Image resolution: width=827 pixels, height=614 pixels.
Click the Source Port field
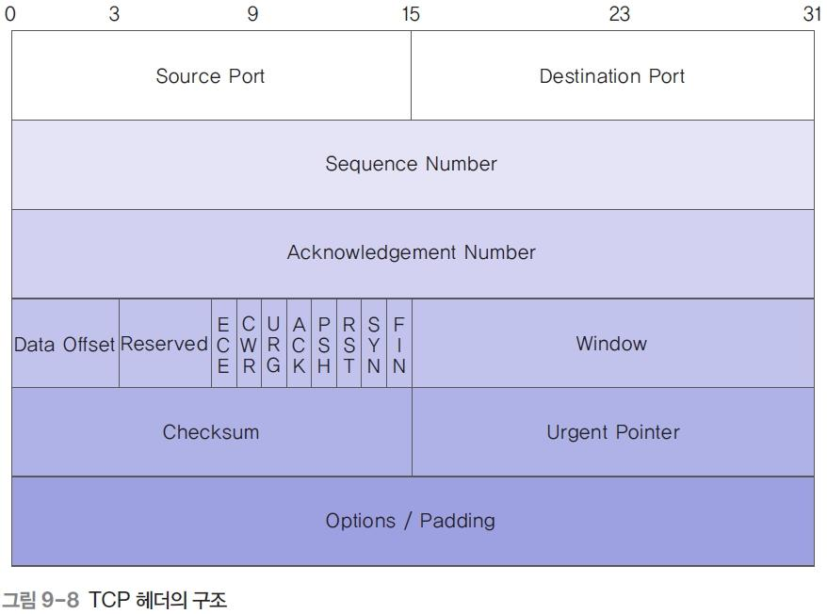click(210, 76)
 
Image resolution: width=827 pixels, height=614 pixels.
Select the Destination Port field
click(612, 76)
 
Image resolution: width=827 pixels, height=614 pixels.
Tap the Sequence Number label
click(412, 164)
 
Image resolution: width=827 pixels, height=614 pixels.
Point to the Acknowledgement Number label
click(412, 252)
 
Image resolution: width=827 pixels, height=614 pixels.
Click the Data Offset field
click(64, 345)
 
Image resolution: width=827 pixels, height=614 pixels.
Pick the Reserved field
click(164, 345)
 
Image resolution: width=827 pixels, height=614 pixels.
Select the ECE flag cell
click(223, 345)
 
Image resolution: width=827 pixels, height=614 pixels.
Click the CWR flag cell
click(249, 345)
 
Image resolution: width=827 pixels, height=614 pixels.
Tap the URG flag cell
click(274, 345)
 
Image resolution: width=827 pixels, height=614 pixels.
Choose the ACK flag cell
click(299, 345)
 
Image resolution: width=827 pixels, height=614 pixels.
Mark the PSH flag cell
click(324, 345)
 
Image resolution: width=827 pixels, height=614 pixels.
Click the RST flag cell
click(349, 345)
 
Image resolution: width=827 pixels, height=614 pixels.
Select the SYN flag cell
click(374, 345)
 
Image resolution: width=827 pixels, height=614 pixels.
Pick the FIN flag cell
click(399, 345)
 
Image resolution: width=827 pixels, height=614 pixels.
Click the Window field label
click(612, 344)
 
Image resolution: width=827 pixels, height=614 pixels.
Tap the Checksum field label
click(211, 432)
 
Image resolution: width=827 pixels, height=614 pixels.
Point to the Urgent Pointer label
click(613, 432)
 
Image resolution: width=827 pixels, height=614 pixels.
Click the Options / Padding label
click(411, 521)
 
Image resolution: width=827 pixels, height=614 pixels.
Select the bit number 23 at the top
click(619, 15)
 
